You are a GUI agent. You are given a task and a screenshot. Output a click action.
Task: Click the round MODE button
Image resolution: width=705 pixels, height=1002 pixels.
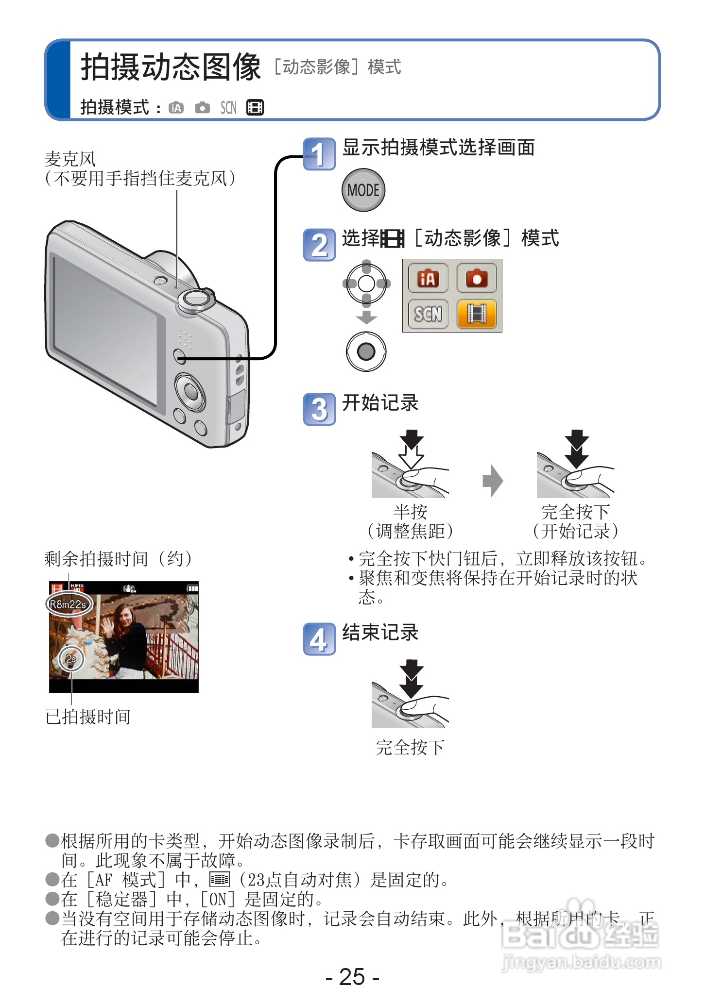click(x=363, y=190)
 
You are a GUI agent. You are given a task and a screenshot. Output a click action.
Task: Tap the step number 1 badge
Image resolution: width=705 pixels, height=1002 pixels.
click(x=319, y=154)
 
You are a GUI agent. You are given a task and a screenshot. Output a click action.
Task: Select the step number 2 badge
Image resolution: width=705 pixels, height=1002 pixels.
click(x=319, y=245)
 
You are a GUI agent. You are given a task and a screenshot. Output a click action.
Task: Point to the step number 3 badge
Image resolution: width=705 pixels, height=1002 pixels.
click(x=319, y=409)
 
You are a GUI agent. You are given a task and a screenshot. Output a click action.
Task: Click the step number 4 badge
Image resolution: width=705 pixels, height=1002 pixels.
click(x=319, y=639)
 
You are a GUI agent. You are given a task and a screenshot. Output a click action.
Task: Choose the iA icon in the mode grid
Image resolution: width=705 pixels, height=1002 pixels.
click(x=428, y=278)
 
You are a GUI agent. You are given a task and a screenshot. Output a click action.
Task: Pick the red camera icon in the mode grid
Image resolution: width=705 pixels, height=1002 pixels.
click(x=476, y=278)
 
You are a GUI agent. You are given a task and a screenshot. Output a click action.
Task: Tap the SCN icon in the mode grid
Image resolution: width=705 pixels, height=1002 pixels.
click(x=428, y=314)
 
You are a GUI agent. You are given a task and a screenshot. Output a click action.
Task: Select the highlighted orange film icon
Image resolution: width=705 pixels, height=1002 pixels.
click(x=476, y=314)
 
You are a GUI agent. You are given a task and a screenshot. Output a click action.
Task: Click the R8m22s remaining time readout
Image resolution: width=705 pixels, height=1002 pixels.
click(x=69, y=604)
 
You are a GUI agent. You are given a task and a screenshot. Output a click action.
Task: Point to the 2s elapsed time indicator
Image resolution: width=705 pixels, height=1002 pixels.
click(x=71, y=659)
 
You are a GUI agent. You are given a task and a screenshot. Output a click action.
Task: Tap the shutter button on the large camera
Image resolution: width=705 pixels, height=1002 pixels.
click(x=196, y=300)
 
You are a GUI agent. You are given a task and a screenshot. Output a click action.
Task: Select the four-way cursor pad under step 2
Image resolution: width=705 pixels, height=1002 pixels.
click(x=366, y=284)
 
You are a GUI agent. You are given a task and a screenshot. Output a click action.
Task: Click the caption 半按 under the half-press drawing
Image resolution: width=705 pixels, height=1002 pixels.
click(x=411, y=512)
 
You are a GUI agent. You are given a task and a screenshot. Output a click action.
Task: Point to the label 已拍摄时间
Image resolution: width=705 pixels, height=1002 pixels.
click(x=88, y=717)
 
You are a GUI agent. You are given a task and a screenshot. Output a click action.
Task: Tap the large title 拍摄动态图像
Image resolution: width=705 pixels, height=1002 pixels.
click(x=171, y=67)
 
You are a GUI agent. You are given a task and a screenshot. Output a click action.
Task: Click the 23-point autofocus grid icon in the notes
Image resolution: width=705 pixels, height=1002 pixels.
click(x=219, y=879)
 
